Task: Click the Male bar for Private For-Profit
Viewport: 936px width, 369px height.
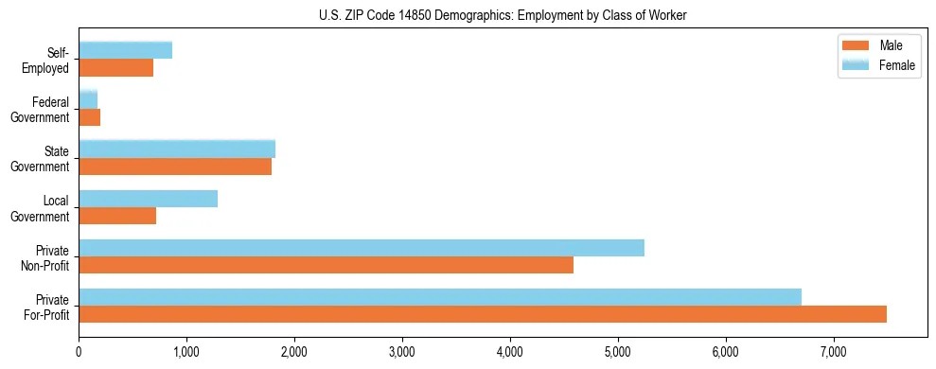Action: [x=483, y=314]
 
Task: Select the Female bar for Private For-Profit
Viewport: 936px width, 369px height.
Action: [x=440, y=297]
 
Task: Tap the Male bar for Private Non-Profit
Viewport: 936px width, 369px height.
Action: [x=326, y=265]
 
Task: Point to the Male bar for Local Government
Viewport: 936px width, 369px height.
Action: [x=117, y=216]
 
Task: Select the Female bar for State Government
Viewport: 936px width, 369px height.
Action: [x=177, y=149]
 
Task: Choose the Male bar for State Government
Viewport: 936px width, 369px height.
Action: [x=175, y=167]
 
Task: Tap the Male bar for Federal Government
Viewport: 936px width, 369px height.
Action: [x=90, y=117]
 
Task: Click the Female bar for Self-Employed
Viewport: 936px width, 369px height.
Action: [x=126, y=50]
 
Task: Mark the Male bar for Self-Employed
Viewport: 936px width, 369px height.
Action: [x=116, y=68]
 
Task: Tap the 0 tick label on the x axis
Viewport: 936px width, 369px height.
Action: [x=79, y=353]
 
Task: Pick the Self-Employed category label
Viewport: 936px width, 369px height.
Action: [x=48, y=61]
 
